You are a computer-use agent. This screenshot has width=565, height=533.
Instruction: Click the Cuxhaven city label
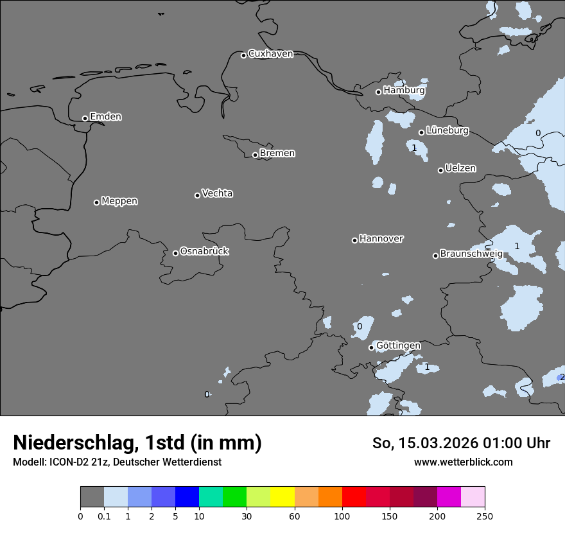pos(270,54)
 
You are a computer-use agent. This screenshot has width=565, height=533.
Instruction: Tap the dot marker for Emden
pos(85,118)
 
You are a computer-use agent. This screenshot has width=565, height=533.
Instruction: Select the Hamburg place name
pos(404,91)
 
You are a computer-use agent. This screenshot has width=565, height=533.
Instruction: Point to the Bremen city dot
pos(255,155)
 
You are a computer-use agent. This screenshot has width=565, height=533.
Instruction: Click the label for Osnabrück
pos(204,251)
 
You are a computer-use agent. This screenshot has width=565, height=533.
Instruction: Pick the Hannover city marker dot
pos(354,240)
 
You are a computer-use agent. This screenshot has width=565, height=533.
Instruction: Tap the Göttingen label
pos(398,346)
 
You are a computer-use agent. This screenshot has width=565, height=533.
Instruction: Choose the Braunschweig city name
pos(471,254)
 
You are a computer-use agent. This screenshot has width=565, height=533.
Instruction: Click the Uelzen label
pos(460,168)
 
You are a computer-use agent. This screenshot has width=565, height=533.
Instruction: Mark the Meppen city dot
pos(96,202)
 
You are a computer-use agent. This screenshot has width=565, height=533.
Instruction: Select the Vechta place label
pos(217,193)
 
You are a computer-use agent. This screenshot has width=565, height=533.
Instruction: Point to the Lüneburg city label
pos(447,131)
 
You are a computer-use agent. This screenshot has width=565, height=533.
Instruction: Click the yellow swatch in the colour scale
pos(282,497)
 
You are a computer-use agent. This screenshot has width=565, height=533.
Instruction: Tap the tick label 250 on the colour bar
pos(485,516)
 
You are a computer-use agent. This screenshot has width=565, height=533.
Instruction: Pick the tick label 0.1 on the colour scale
pos(104,516)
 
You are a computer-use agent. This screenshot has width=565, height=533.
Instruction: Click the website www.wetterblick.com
pos(463,462)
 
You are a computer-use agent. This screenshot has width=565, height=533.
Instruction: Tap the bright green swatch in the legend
pos(235,497)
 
